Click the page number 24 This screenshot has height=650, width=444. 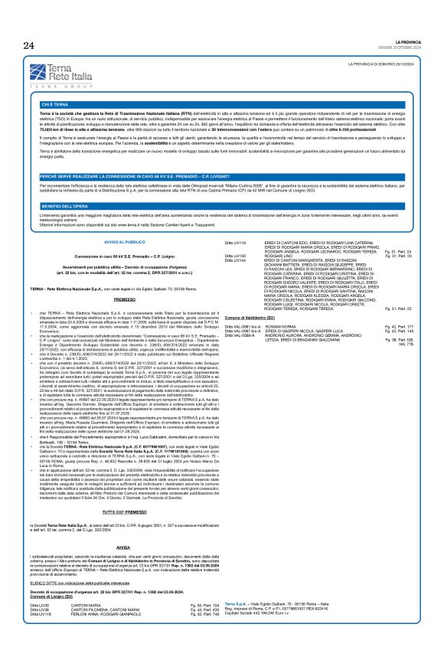28,45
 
